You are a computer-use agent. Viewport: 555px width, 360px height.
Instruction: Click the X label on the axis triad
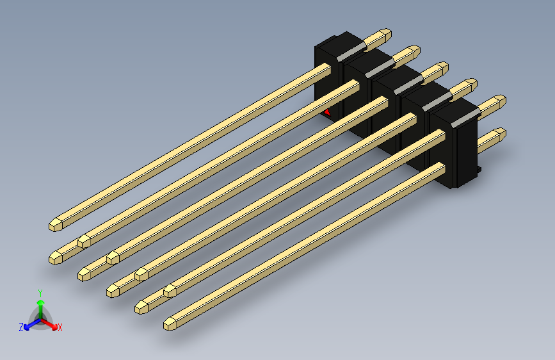click(x=60, y=328)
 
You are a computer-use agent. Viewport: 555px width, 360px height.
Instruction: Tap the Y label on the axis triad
click(x=40, y=291)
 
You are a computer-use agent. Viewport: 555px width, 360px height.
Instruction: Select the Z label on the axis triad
click(x=21, y=327)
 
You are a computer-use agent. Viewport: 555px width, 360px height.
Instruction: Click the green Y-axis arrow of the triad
click(x=40, y=304)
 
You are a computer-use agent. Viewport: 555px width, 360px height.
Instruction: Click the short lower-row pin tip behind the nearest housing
click(x=497, y=135)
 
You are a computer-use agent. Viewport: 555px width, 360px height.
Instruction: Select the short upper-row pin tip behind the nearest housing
click(x=497, y=102)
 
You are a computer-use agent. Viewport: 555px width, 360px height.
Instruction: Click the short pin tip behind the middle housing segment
click(x=440, y=68)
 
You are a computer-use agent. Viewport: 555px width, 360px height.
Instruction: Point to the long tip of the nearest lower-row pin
click(x=172, y=323)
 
